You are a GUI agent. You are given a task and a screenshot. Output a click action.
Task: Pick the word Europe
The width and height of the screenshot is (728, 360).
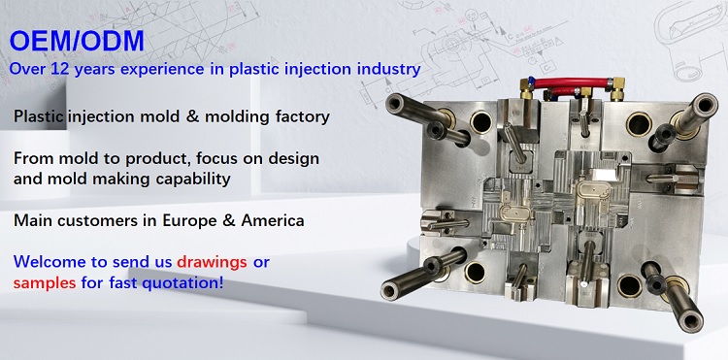[194, 220]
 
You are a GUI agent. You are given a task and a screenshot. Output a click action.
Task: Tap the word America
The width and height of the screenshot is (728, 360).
[271, 220]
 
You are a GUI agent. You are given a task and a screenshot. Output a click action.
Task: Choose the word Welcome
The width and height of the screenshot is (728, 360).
[50, 262]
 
